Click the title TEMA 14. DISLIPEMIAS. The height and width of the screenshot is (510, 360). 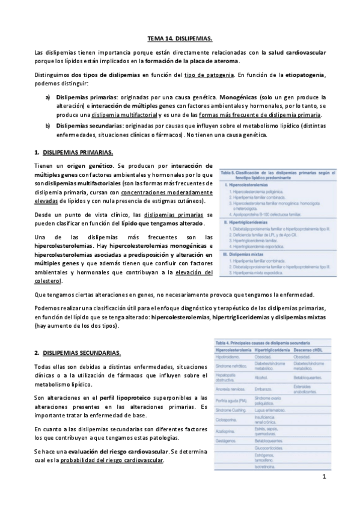(180, 37)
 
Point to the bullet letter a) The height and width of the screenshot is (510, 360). (48, 96)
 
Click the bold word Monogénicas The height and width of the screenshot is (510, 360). (242, 96)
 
